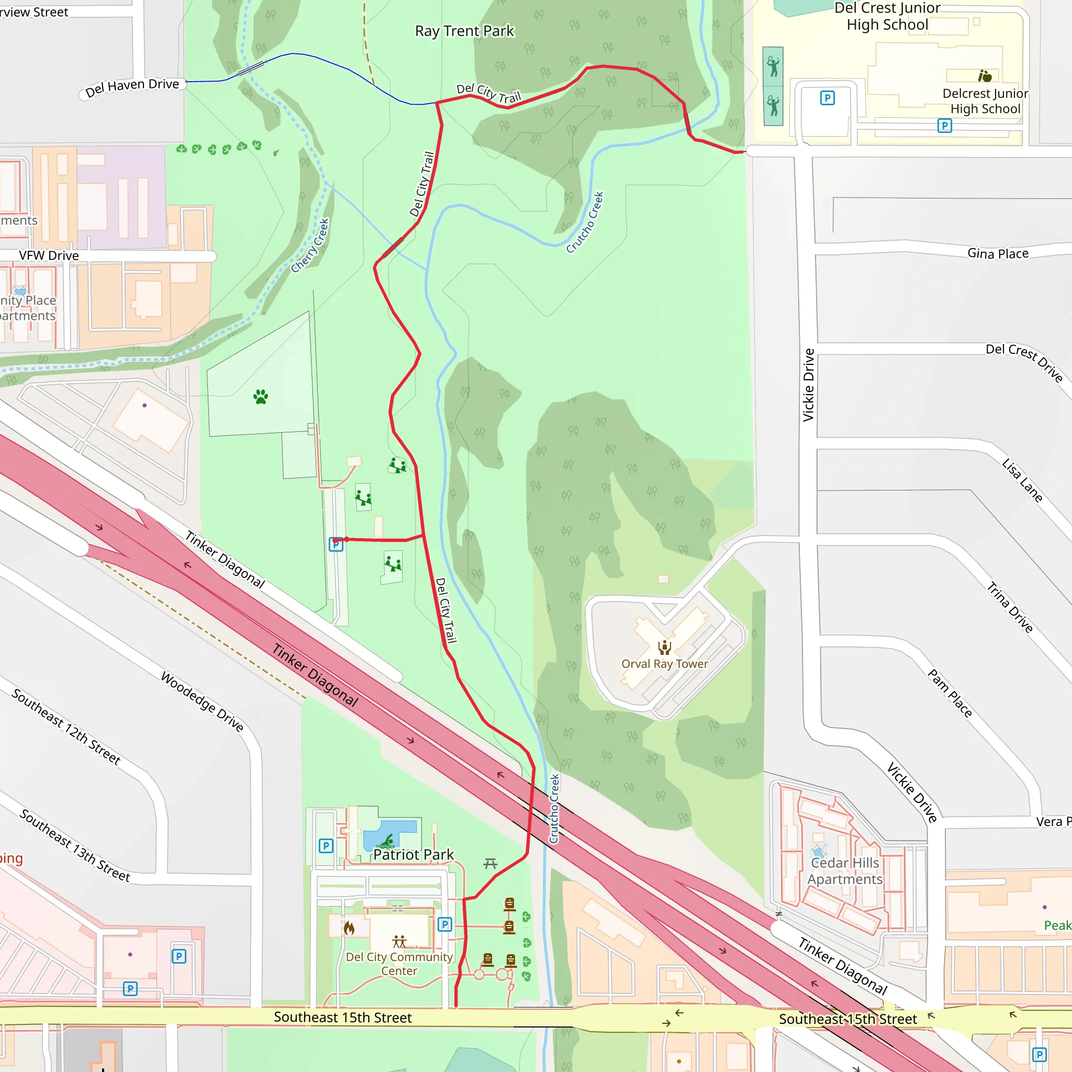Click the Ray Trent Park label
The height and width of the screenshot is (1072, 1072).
click(464, 31)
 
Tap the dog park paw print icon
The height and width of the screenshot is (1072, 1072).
click(260, 397)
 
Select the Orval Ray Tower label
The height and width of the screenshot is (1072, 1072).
click(664, 664)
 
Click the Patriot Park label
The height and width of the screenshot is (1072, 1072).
click(414, 854)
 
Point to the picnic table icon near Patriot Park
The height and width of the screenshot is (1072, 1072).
click(490, 863)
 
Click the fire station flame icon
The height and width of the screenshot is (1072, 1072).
click(349, 928)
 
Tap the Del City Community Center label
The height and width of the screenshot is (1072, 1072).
click(399, 964)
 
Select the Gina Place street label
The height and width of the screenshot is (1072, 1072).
click(998, 253)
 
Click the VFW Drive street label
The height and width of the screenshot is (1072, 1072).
click(49, 256)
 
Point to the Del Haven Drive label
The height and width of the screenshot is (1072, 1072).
click(132, 87)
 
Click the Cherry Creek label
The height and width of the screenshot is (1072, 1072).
click(310, 246)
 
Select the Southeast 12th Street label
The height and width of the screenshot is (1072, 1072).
click(66, 727)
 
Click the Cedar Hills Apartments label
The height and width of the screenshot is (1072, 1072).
click(844, 871)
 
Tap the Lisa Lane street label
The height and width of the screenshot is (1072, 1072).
click(1022, 481)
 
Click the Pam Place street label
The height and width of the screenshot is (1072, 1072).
click(950, 693)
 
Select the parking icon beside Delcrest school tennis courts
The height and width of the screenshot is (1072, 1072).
click(828, 98)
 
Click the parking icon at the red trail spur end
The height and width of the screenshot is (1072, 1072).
click(336, 544)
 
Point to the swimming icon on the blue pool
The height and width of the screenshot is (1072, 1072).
click(388, 842)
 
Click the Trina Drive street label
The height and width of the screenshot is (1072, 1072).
click(1009, 607)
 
